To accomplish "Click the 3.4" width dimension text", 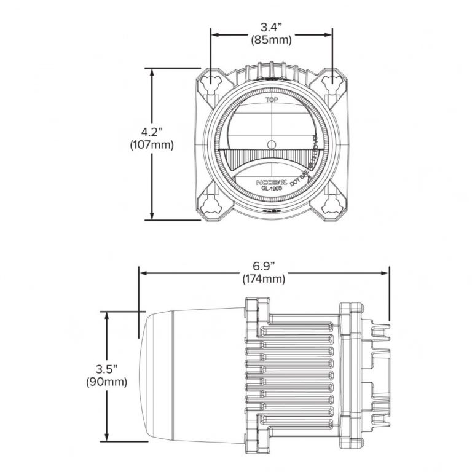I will [x=271, y=27].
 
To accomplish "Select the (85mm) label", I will [x=271, y=41].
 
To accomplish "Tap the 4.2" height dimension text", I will [x=152, y=132].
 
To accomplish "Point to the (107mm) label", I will [x=152, y=146].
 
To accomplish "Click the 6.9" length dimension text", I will [x=264, y=265].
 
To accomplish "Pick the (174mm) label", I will [x=264, y=279].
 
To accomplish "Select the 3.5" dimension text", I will [x=107, y=369].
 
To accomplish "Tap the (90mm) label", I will [x=107, y=382].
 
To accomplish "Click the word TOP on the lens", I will [x=270, y=100].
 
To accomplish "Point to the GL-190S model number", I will [x=271, y=189].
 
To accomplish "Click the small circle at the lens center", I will [x=271, y=144].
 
